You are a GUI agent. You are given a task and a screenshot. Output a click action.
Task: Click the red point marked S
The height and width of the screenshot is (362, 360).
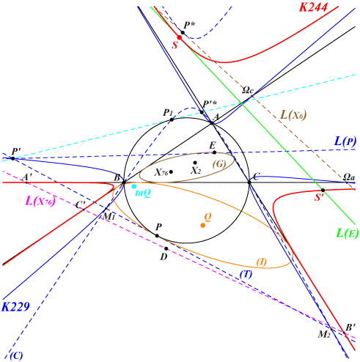click(180, 37)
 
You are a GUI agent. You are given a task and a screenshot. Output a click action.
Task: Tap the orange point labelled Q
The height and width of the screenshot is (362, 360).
click(203, 225)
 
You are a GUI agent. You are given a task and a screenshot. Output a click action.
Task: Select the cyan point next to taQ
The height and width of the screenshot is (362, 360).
click(134, 187)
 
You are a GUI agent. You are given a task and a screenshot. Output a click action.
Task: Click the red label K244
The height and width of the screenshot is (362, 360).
click(313, 7)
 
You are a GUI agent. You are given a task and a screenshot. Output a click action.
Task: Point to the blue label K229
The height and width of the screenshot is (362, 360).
click(15, 306)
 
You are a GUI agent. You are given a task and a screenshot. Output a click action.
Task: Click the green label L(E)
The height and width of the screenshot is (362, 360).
click(348, 233)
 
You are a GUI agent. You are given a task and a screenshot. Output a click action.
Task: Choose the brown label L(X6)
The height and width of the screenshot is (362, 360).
click(293, 115)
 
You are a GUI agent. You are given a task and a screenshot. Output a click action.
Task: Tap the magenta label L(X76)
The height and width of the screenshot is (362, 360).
click(40, 201)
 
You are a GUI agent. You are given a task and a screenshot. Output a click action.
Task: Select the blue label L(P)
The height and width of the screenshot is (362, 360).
click(345, 141)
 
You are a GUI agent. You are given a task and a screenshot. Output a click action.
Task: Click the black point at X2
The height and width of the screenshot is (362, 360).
click(195, 163)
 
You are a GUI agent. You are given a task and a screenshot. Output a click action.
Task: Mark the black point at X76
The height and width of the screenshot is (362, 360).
click(171, 172)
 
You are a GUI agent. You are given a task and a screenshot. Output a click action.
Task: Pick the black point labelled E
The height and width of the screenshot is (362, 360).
click(214, 152)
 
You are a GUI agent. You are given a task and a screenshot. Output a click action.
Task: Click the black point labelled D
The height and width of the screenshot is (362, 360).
click(166, 248)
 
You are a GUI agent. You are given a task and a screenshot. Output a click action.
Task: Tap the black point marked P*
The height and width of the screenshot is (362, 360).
click(183, 32)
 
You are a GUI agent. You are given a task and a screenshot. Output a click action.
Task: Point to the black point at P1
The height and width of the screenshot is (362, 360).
click(172, 119)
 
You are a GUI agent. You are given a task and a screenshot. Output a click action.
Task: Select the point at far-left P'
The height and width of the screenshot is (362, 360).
click(13, 158)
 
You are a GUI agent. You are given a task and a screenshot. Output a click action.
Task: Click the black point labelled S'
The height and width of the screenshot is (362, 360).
click(323, 191)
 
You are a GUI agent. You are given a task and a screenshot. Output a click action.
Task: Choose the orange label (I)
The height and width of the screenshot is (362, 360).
click(262, 262)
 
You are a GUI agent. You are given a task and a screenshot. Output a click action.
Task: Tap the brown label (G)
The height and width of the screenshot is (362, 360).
click(219, 164)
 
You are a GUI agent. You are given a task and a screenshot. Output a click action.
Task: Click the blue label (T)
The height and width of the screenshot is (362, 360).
click(246, 274)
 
